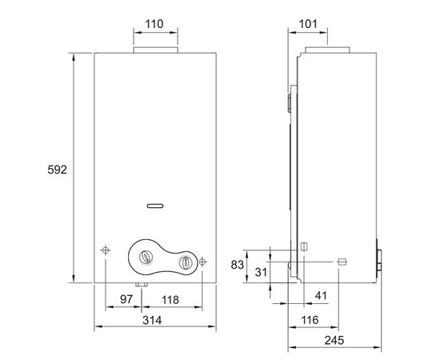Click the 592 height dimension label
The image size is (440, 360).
point(58,170)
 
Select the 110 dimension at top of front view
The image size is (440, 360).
point(154,24)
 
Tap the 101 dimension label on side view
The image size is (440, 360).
point(308,24)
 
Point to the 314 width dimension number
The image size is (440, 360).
point(152,320)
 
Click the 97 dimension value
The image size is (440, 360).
point(126,299)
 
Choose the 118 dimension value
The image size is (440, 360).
point(170,300)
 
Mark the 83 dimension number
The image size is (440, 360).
point(238,265)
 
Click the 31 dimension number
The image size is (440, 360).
point(261,272)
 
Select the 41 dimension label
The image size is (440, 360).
point(321,295)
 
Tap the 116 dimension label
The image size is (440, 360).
point(310,320)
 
